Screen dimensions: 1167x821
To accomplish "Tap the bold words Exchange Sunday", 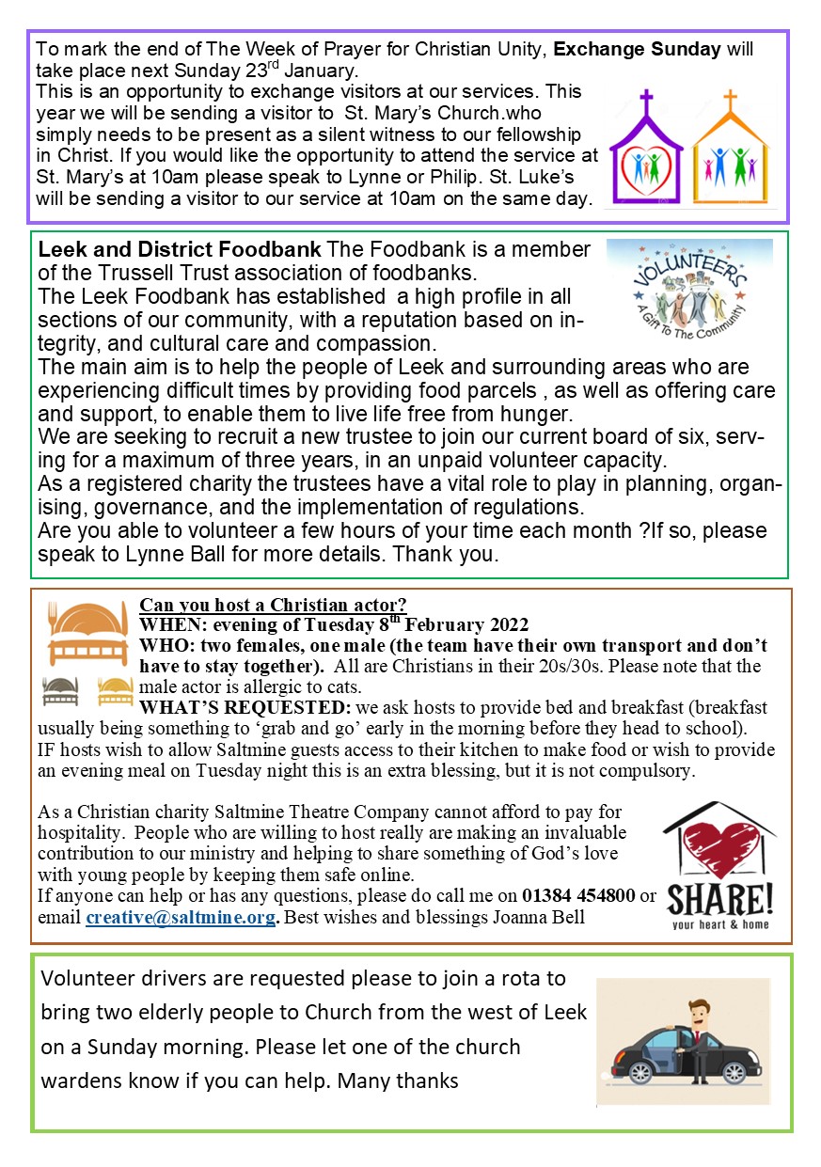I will [654, 49].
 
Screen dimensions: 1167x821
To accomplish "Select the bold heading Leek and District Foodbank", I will [180, 251].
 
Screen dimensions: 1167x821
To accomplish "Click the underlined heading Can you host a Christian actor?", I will [273, 605].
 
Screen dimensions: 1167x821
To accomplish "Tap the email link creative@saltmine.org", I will [181, 916].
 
